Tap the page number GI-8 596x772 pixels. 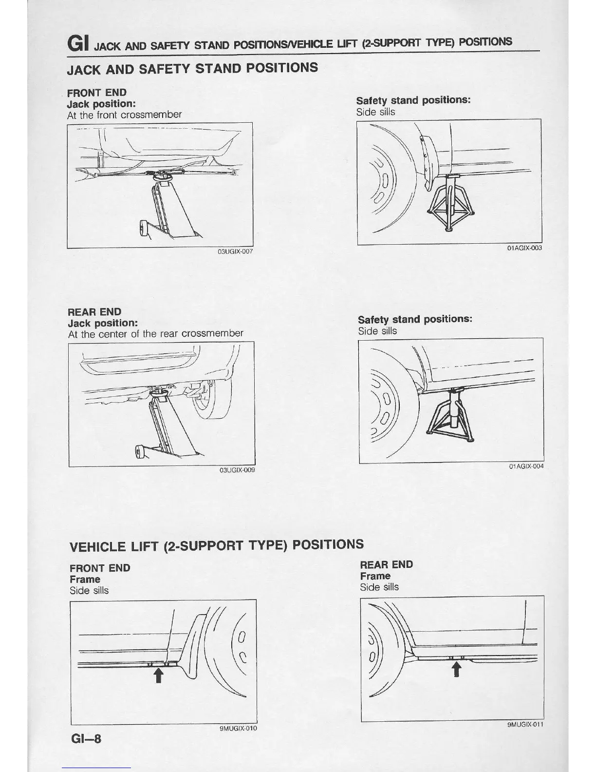(86, 738)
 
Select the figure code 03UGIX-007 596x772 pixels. (236, 251)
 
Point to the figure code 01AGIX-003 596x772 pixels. (524, 248)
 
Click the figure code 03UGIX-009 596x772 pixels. (237, 470)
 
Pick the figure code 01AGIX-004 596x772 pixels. (526, 466)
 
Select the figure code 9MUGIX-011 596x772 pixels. (525, 724)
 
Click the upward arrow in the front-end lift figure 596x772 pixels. (158, 675)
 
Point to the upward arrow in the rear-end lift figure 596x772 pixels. (456, 670)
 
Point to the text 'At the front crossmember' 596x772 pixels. (124, 115)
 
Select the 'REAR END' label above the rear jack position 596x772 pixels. (94, 312)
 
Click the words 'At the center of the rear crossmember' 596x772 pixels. (155, 334)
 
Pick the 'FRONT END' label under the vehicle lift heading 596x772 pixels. (100, 568)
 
